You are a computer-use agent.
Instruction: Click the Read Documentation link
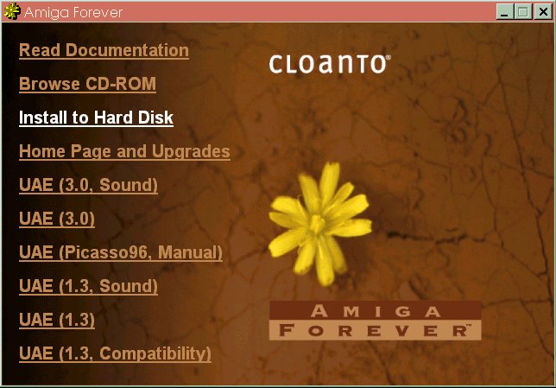104,50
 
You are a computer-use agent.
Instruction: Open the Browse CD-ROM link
87,84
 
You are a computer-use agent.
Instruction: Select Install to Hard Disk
96,118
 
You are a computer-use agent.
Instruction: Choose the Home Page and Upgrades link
124,151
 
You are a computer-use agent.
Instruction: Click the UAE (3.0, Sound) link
88,185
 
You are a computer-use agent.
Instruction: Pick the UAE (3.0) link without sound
57,219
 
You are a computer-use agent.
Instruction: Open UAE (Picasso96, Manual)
121,252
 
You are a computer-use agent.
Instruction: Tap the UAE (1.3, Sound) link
88,287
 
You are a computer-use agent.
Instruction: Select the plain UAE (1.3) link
57,321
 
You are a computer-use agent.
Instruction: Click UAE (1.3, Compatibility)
115,354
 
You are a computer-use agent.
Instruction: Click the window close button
543,12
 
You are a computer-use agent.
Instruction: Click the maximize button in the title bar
523,12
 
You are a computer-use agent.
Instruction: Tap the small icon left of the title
12,11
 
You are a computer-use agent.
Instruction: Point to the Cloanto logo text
328,64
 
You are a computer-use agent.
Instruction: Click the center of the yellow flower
318,223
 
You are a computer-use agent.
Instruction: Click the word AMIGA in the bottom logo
376,311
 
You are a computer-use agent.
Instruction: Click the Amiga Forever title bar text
73,12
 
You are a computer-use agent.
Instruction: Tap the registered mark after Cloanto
389,57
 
